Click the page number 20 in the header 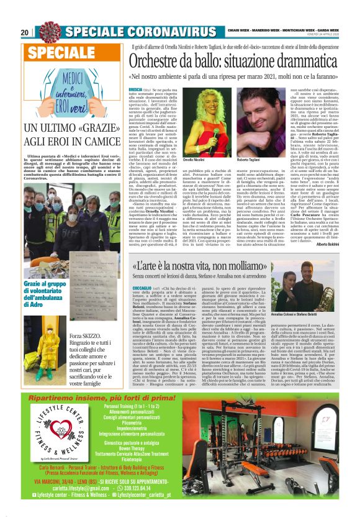pyautogui.click(x=25, y=32)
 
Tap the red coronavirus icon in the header pyautogui.click(x=48, y=32)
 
